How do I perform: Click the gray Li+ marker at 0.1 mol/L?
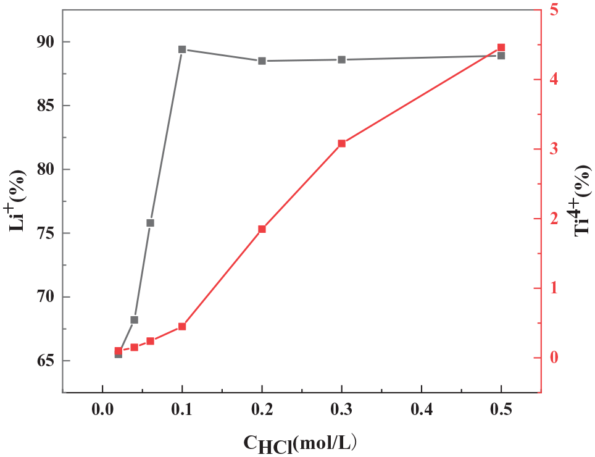pos(182,49)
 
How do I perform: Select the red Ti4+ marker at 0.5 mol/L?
pos(501,48)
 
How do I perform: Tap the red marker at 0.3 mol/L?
pos(341,143)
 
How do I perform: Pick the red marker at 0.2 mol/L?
pos(262,229)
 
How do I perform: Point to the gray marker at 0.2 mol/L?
pos(262,61)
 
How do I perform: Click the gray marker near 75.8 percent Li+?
pos(150,223)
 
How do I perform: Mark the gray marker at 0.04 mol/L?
pos(134,320)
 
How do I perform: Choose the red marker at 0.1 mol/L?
pos(182,326)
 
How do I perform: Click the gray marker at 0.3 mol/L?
pos(341,59)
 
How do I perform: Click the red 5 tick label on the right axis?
pos(554,10)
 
